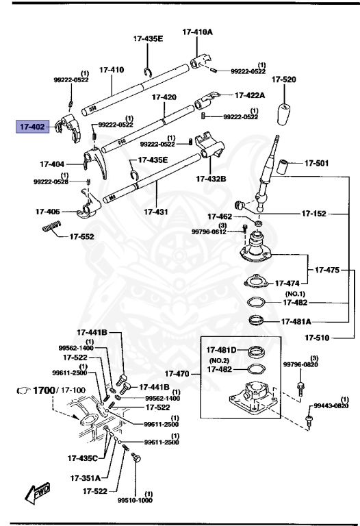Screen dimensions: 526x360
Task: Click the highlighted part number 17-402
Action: pyautogui.click(x=31, y=127)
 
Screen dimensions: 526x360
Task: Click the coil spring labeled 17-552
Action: pyautogui.click(x=52, y=227)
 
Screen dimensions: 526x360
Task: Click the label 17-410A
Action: pyautogui.click(x=197, y=32)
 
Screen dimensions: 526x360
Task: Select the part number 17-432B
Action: pyautogui.click(x=211, y=179)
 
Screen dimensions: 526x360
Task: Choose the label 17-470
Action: pyautogui.click(x=179, y=375)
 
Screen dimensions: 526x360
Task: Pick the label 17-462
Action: pyautogui.click(x=220, y=216)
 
